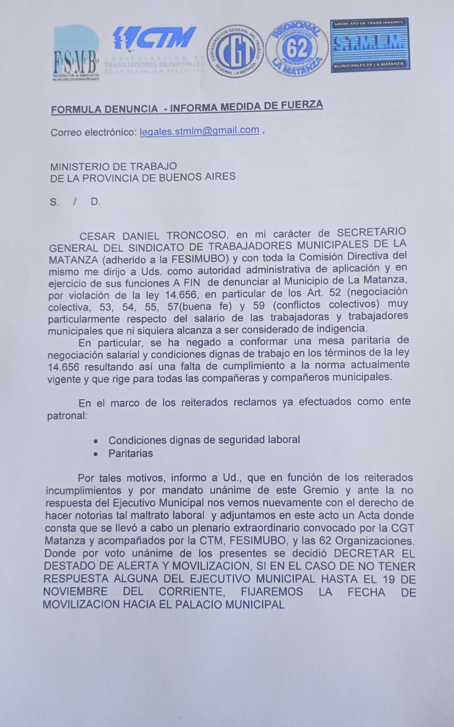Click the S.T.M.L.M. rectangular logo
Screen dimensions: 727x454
coord(369,44)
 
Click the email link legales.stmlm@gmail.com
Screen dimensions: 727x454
coord(200,131)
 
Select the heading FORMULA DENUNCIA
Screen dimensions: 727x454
coord(104,109)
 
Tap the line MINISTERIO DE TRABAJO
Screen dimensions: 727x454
coord(114,166)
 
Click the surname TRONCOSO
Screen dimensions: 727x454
coord(196,236)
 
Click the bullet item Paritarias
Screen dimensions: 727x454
coord(130,453)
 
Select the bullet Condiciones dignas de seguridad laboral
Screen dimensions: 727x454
coord(204,440)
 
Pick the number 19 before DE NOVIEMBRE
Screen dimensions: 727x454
coord(389,579)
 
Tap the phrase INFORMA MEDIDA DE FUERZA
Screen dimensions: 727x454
coord(246,107)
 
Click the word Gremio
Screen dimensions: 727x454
coord(321,490)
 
